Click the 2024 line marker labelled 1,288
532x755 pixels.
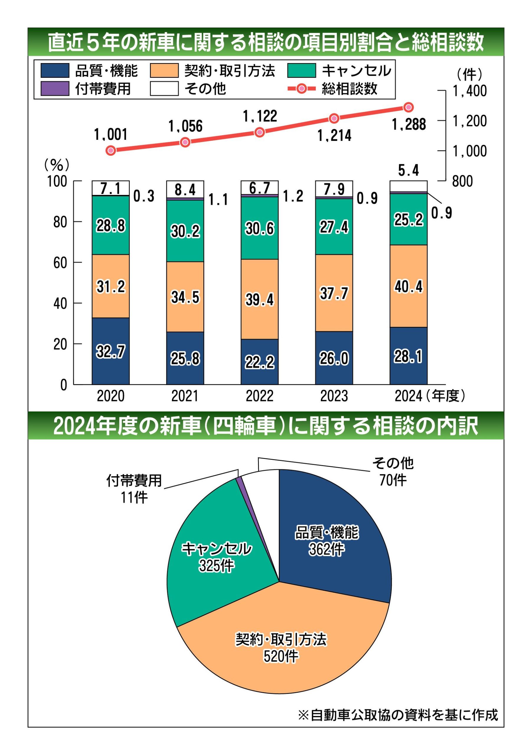(409, 107)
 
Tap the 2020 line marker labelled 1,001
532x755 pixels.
(111, 151)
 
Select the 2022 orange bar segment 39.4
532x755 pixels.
(260, 299)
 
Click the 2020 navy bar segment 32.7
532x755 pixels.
(111, 351)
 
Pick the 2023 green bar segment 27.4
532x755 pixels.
(334, 227)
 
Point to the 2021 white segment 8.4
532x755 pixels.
(185, 189)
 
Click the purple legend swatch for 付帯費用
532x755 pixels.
(55, 88)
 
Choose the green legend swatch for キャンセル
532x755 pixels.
(301, 71)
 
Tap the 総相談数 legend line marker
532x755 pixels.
(301, 89)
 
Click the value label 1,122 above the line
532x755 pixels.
(260, 116)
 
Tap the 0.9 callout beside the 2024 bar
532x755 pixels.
(441, 214)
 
